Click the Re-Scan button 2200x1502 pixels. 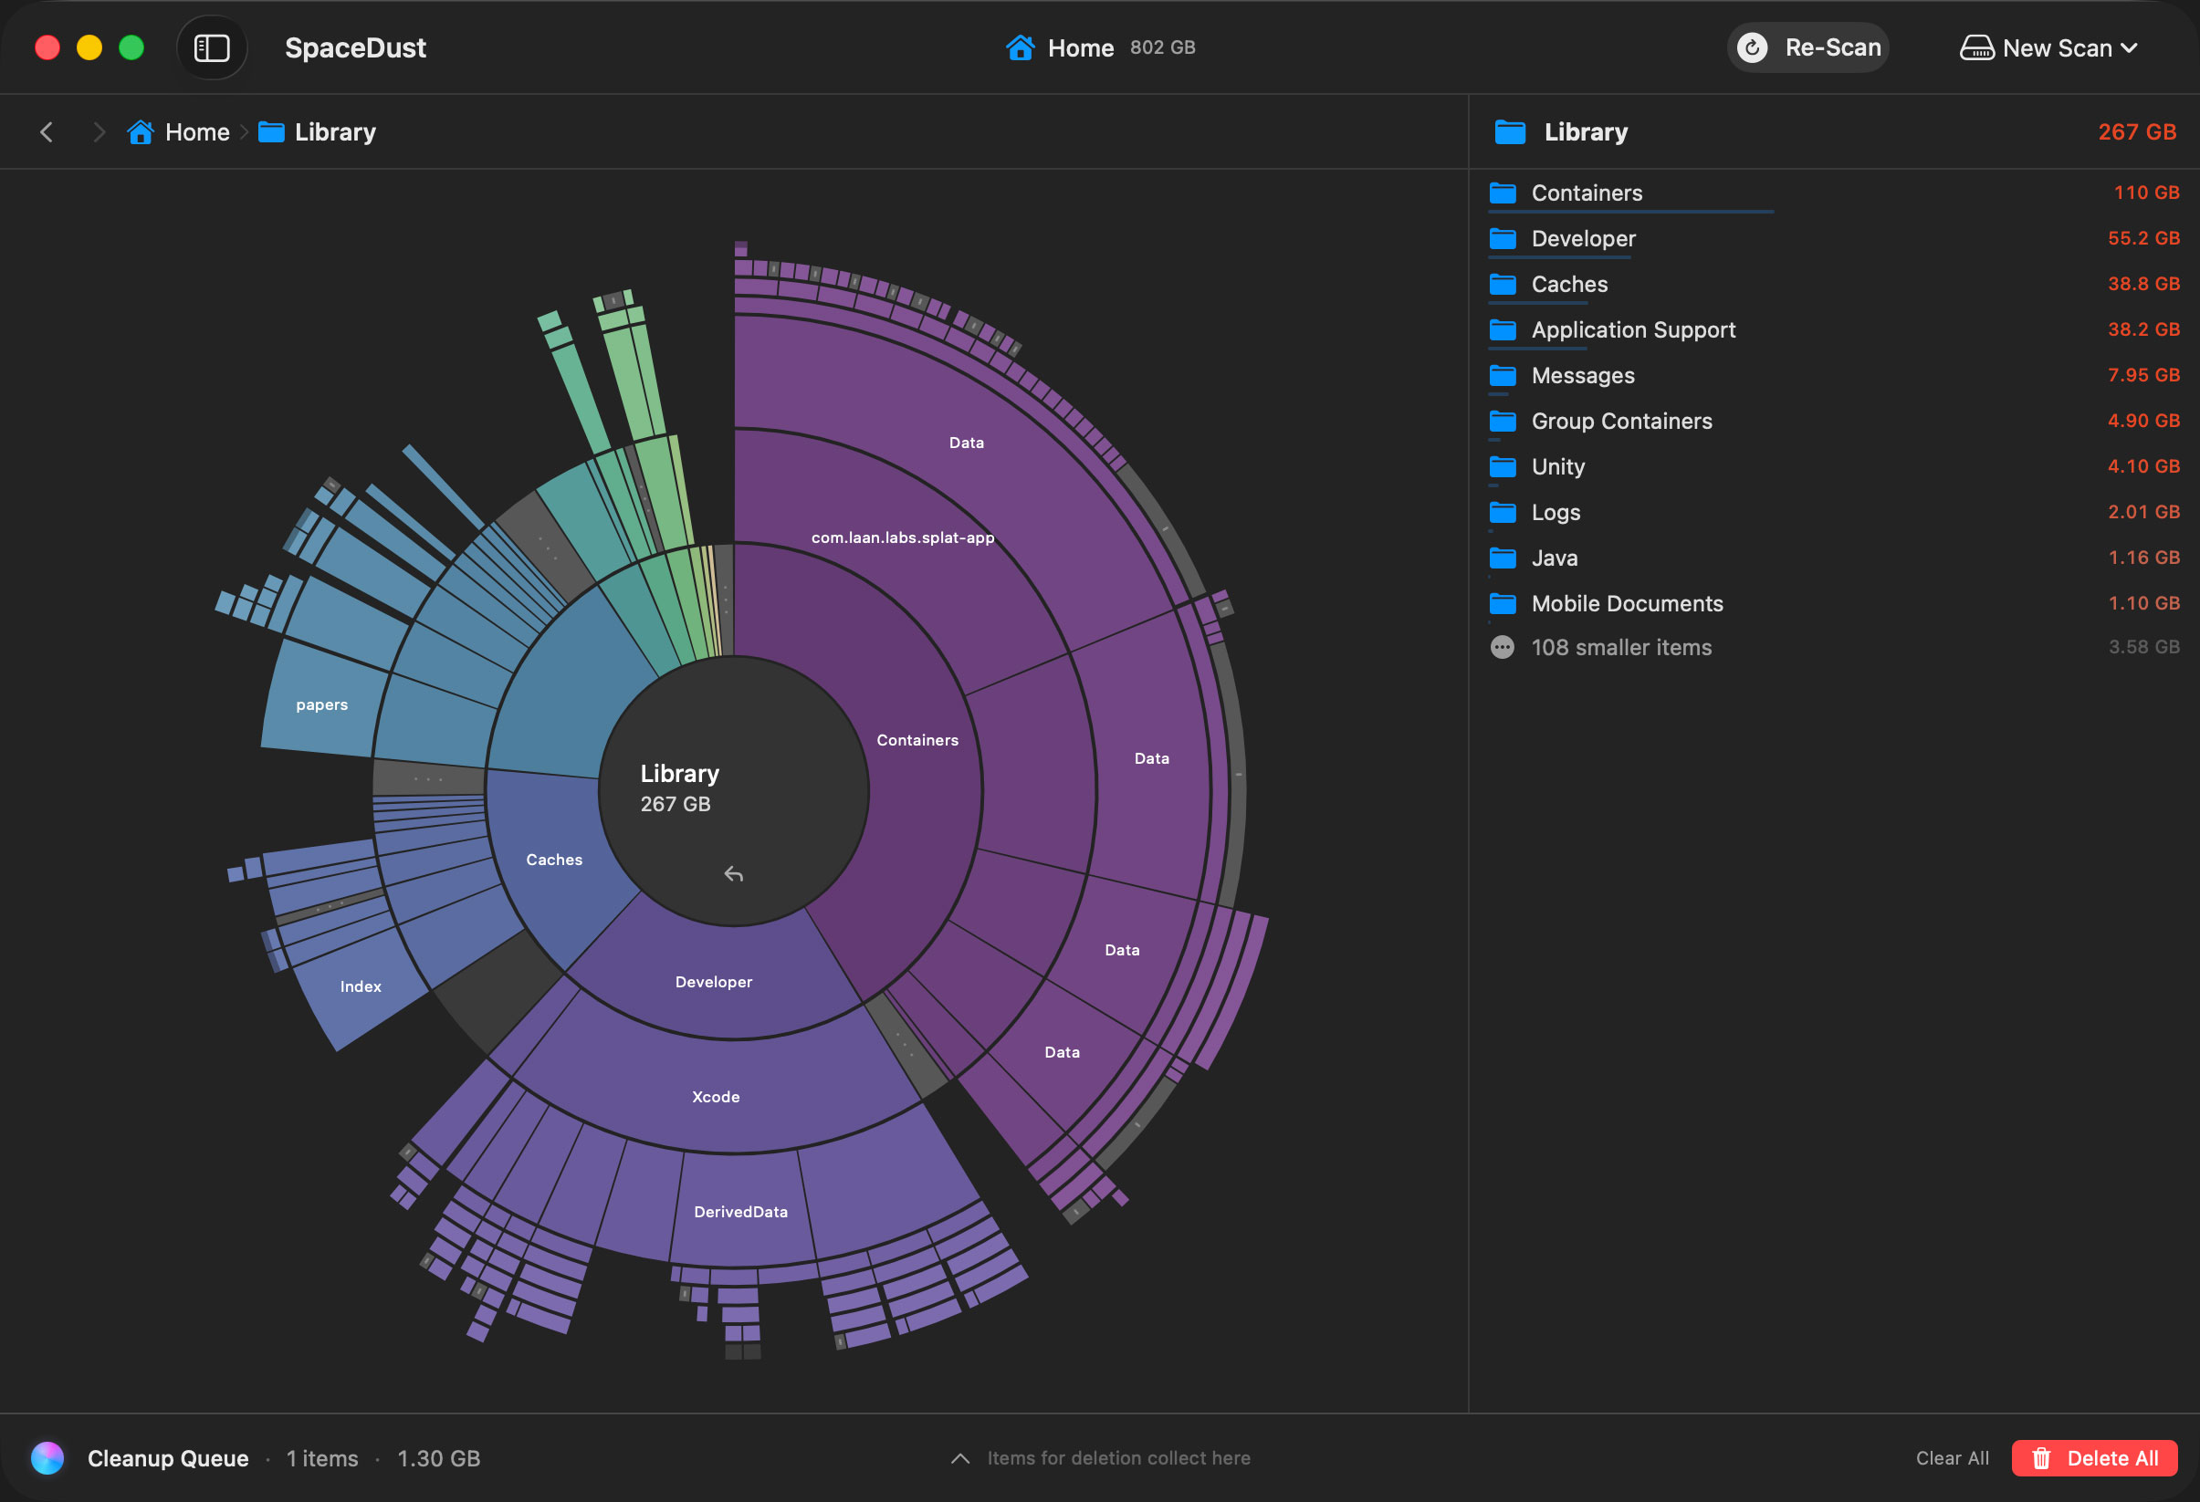1807,47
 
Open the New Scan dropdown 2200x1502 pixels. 2048,47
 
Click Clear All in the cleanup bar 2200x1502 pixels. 1952,1457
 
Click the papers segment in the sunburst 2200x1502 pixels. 322,704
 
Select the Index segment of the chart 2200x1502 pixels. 361,986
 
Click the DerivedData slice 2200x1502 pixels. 741,1212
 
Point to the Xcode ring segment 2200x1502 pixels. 716,1096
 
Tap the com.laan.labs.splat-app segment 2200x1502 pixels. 902,537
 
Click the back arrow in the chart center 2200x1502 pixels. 734,873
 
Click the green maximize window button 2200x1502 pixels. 131,47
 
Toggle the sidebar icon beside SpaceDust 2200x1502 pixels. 212,47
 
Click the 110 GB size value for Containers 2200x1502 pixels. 2146,193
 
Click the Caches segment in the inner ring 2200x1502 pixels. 555,860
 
